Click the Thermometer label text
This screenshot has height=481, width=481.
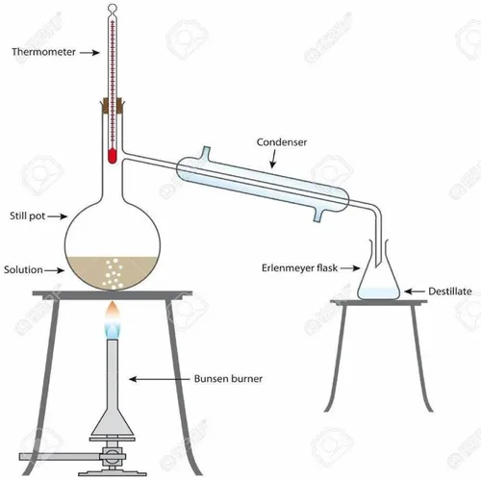43,52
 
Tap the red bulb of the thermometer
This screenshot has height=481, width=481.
112,156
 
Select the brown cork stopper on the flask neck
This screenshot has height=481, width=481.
113,106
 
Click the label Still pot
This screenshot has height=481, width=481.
27,216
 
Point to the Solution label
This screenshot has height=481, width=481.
23,269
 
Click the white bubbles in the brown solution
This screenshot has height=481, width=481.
114,272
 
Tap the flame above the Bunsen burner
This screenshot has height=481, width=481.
113,320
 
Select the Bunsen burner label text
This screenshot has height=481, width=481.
228,379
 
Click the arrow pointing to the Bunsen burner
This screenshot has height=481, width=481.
160,379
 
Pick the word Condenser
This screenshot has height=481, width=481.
282,142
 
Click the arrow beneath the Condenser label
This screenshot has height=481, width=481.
273,159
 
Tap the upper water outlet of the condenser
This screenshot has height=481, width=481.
206,153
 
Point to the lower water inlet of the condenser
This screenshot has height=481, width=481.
317,215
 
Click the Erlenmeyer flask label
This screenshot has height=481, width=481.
299,267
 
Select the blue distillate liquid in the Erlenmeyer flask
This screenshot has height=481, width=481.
379,293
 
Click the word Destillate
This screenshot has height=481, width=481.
450,291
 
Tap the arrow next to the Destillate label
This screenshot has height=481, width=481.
415,291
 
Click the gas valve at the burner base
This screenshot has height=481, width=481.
113,456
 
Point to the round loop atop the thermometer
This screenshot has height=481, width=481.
113,7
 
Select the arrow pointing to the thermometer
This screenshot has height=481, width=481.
89,52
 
